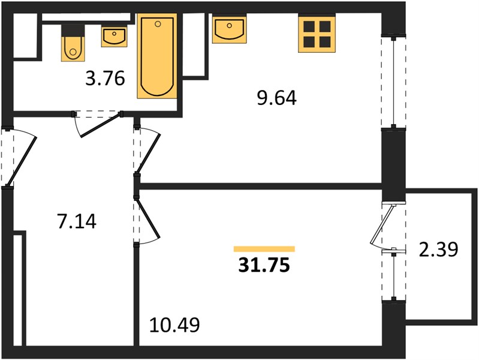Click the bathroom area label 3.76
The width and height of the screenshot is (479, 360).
click(105, 79)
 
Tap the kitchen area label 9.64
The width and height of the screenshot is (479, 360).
click(277, 98)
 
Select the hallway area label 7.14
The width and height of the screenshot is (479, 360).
click(77, 221)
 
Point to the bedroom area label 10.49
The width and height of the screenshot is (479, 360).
click(174, 325)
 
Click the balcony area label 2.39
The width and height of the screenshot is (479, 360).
click(439, 249)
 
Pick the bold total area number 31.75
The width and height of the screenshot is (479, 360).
click(264, 265)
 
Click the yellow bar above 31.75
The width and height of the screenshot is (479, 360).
click(264, 249)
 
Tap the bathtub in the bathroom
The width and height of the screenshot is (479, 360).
click(157, 56)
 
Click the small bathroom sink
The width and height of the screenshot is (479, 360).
click(115, 37)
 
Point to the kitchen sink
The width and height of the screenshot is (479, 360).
click(230, 29)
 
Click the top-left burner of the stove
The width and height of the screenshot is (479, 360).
click(309, 26)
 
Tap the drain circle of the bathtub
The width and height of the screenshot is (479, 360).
click(158, 24)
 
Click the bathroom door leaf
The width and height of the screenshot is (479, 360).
click(101, 126)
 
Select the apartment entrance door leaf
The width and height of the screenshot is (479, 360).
click(22, 161)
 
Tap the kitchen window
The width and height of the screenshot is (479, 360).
click(394, 82)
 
